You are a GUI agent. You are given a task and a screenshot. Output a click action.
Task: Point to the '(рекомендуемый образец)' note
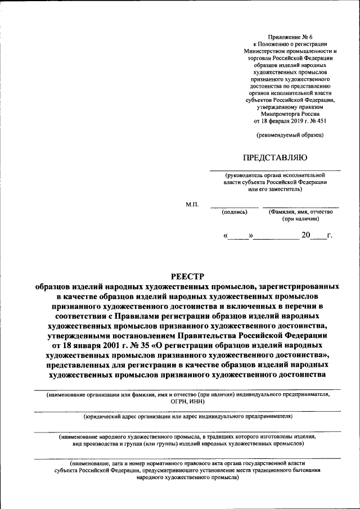[290, 135]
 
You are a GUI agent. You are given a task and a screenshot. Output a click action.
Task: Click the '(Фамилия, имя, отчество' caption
[301, 212]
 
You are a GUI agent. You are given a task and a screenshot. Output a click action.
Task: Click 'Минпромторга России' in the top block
[290, 113]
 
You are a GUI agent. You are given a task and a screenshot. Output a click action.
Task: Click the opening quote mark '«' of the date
[226, 236]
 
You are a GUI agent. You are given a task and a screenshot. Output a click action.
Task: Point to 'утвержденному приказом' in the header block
[290, 106]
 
